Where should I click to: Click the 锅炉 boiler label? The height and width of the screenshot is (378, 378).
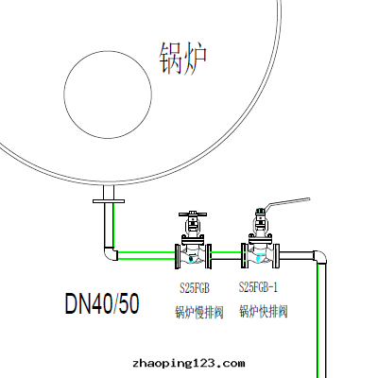183,59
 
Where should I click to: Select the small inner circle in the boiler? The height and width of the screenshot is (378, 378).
108,51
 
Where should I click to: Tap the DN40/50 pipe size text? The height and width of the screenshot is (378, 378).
102,303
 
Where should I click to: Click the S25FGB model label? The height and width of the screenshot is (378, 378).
195,288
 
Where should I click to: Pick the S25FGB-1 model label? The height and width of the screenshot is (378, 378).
258,287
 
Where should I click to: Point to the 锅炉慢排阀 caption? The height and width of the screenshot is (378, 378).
199,313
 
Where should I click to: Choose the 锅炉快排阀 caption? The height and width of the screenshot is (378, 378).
264,312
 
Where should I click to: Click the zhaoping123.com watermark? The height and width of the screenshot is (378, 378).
189,364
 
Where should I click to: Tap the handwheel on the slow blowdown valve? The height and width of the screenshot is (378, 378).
193,215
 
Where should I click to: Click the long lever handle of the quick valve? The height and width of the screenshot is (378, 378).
287,202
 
